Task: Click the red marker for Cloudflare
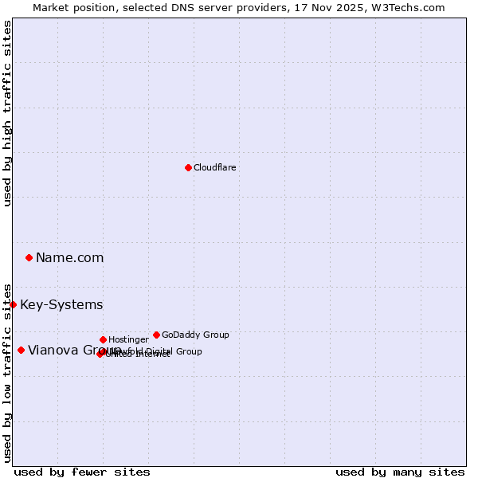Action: coord(188,167)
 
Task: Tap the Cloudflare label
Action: coord(214,167)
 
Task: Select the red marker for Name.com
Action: coord(29,257)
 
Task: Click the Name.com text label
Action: coord(69,257)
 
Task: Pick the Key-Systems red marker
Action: coord(14,304)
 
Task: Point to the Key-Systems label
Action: coord(61,305)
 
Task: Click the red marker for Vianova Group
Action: coord(22,350)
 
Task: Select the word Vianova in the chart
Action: coord(51,350)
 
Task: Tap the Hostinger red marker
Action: coord(103,339)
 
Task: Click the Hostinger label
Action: coord(128,339)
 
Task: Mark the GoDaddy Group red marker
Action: coord(156,335)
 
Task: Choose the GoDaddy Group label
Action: coord(195,335)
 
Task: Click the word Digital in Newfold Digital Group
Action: coord(159,351)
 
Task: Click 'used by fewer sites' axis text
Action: coord(82,472)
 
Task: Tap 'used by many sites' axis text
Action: coord(400,472)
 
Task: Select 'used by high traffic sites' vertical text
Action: coord(7,113)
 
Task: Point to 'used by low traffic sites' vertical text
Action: coord(7,372)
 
